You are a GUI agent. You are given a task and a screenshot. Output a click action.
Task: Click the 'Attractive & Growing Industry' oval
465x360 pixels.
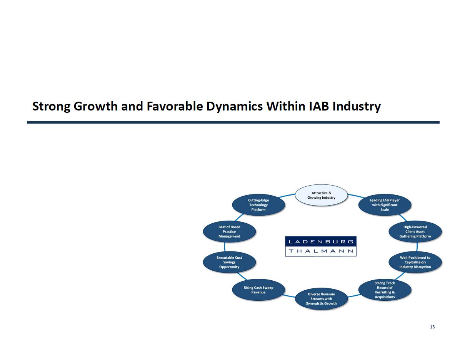coord(321,195)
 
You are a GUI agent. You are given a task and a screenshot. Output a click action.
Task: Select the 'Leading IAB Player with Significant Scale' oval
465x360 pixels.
coord(385,205)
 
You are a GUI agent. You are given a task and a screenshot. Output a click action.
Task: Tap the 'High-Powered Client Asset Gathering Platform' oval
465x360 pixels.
coord(415,231)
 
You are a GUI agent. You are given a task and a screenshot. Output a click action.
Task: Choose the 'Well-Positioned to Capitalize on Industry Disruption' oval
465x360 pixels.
coord(415,262)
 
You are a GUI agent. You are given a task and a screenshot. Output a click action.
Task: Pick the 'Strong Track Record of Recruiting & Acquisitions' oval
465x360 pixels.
coord(385,290)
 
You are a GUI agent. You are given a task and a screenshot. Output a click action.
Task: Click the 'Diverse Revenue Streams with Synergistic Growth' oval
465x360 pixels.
coord(321,299)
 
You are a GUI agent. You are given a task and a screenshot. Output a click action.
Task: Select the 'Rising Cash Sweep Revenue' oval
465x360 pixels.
coord(258,290)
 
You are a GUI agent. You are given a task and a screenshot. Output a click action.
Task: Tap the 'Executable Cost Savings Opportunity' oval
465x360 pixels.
coord(229,262)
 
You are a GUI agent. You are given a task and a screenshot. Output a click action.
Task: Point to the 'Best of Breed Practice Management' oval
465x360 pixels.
coord(229,231)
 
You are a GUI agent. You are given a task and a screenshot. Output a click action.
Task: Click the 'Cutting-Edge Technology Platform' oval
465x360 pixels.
coord(258,205)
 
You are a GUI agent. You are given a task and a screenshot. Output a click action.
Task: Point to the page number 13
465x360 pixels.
coord(432,327)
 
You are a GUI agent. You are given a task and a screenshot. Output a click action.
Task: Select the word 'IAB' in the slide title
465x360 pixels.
coord(319,106)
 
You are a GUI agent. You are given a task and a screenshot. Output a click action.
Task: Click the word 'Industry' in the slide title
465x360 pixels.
coord(357,106)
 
